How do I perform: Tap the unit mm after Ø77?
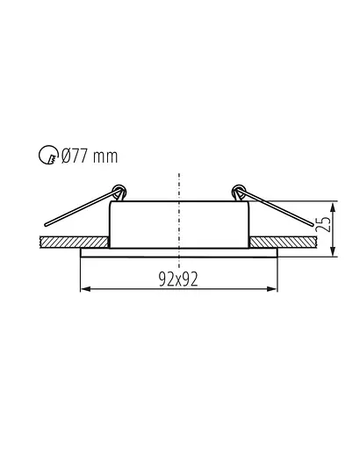click(106, 157)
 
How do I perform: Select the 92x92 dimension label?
click(178, 279)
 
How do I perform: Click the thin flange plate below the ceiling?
click(179, 252)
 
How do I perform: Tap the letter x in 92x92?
click(178, 280)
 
